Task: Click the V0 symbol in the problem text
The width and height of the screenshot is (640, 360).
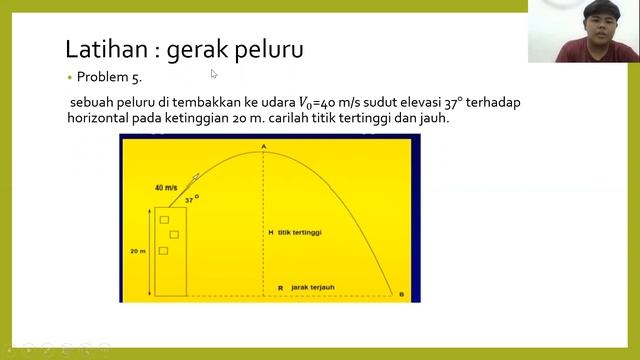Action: (297, 102)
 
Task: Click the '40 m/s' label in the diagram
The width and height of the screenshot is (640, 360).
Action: (167, 188)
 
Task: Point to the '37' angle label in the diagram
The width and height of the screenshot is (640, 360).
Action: (189, 200)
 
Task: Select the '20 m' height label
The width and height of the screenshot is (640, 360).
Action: (137, 252)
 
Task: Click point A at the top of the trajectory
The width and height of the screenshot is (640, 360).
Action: (264, 147)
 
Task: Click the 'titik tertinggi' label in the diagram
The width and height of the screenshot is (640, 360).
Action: (305, 233)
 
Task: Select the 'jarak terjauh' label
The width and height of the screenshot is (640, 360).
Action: (314, 288)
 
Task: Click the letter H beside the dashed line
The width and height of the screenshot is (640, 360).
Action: (270, 233)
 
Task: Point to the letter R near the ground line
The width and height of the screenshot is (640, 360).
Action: (280, 288)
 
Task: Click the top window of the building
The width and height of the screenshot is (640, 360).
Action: (164, 219)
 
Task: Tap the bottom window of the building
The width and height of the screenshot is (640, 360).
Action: (163, 250)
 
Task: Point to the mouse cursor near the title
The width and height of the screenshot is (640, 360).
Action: (214, 73)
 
